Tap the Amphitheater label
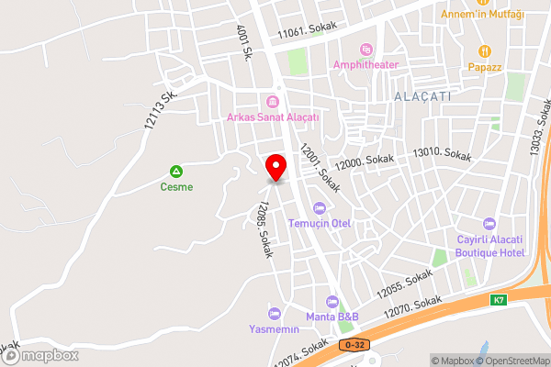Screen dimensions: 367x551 (379, 63)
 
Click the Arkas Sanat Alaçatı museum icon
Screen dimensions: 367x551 (272, 101)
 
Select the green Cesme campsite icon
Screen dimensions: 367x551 (175, 171)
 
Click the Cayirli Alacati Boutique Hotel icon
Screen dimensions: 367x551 (489, 223)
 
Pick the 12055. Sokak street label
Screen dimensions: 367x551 (404, 281)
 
